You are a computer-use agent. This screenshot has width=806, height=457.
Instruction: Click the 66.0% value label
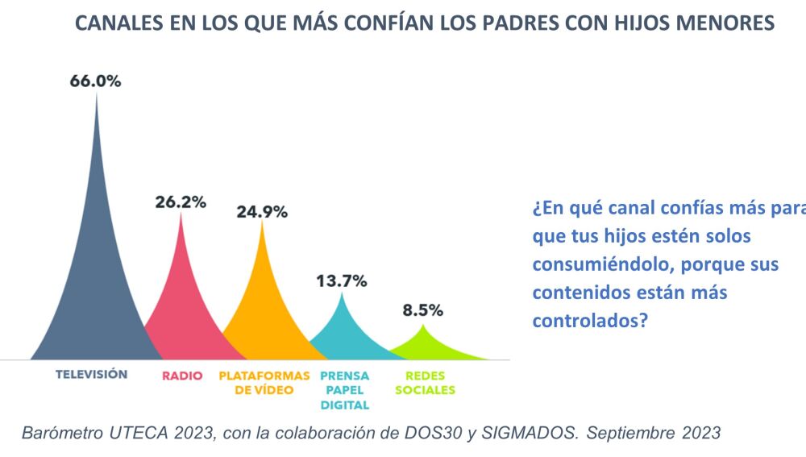tap(95, 81)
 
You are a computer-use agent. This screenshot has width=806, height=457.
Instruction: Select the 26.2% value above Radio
tap(181, 201)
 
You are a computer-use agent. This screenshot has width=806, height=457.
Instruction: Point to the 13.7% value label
tap(341, 281)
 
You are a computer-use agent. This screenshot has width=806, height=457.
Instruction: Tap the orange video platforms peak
tap(262, 306)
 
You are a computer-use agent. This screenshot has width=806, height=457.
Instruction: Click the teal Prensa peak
tap(343, 330)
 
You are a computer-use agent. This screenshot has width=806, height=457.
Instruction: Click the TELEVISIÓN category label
tap(91, 374)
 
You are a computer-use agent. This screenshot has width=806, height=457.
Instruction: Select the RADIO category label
tap(181, 376)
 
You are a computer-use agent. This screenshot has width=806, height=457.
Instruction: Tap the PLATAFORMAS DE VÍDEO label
tap(264, 383)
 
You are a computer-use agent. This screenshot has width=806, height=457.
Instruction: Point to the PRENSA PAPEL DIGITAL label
tap(344, 390)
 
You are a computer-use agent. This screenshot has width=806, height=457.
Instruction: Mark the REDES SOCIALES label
tap(430, 383)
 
